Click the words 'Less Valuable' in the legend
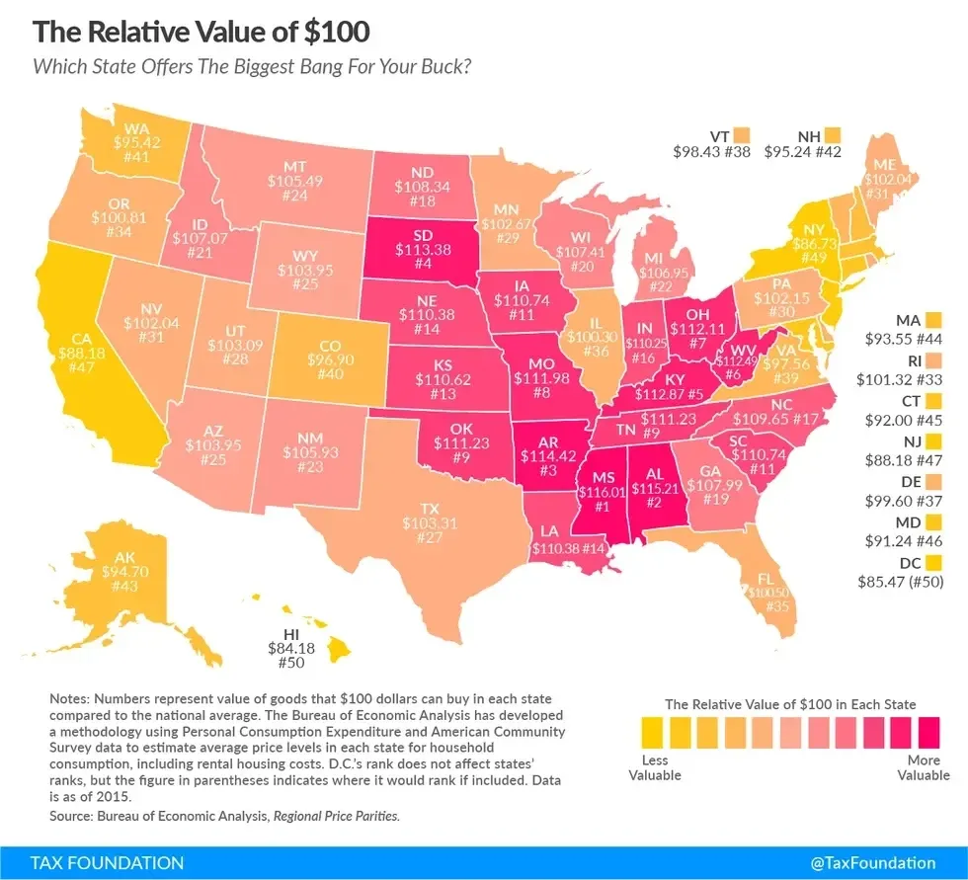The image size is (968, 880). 654,768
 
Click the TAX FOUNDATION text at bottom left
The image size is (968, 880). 93,862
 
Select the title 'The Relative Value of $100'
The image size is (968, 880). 202,32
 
